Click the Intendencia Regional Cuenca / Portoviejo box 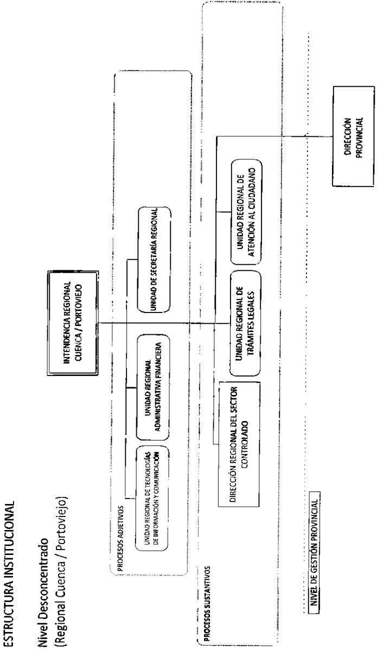[x=73, y=323]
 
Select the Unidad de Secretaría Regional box [x=154, y=259]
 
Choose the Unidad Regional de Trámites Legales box [x=245, y=323]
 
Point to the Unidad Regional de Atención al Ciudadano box [x=246, y=212]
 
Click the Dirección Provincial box [x=353, y=136]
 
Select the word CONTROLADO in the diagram [x=245, y=444]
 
